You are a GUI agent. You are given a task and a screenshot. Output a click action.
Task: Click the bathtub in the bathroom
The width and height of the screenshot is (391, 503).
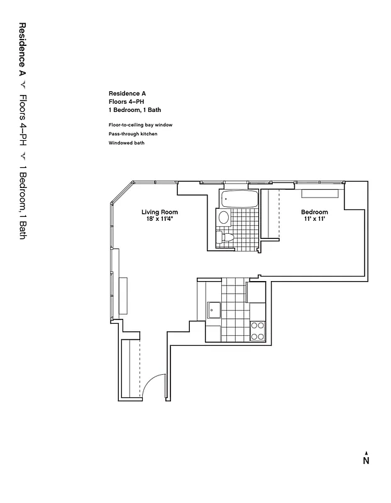coord(240,200)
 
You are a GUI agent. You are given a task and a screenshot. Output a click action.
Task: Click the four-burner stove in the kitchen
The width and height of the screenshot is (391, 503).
coord(258,331)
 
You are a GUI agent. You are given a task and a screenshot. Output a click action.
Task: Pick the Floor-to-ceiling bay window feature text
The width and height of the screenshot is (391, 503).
coord(140,125)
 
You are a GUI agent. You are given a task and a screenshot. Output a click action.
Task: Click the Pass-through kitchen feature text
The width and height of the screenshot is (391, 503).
coord(133,134)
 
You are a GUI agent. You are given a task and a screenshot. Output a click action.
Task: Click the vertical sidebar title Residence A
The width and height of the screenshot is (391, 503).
coord(22,50)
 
